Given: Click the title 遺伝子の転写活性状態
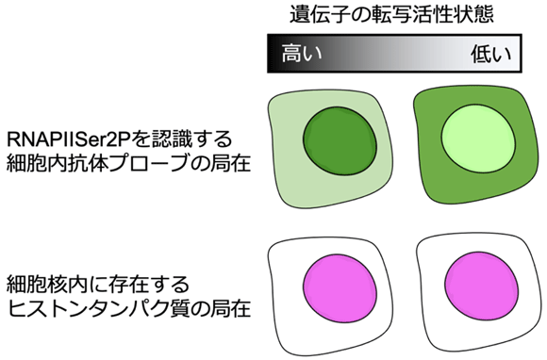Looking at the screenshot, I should [390, 14].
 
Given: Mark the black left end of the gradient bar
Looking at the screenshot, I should [274, 54].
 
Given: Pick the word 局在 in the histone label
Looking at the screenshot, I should [230, 308].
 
